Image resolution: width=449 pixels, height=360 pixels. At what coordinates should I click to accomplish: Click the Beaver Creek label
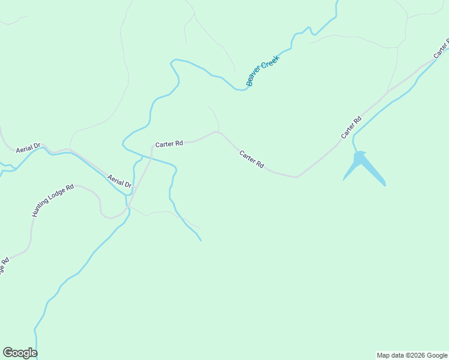point(263,71)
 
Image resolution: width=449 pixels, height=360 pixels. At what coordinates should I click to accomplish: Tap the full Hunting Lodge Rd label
point(53,200)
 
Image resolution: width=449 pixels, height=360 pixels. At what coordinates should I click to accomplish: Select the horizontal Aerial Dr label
point(28,146)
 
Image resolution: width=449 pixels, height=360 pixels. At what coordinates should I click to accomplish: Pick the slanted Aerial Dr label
point(119,181)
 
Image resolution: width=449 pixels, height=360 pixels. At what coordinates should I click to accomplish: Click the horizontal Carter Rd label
point(169,144)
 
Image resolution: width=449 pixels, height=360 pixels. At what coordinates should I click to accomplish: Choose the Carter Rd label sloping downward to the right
point(252,159)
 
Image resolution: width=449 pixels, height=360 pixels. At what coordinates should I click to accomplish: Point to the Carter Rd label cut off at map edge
point(441,47)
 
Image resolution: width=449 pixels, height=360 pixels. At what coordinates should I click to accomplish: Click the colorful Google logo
point(20,353)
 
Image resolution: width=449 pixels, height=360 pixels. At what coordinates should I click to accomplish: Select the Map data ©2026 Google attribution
point(412,355)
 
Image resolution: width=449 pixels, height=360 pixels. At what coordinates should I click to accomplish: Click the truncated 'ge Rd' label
point(4,265)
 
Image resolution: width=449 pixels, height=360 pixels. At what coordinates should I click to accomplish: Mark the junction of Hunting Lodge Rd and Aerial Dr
point(127,208)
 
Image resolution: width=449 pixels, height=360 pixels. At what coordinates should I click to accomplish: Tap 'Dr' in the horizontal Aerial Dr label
point(37,146)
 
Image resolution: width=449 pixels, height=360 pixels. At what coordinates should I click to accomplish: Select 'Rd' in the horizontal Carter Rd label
point(178,144)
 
